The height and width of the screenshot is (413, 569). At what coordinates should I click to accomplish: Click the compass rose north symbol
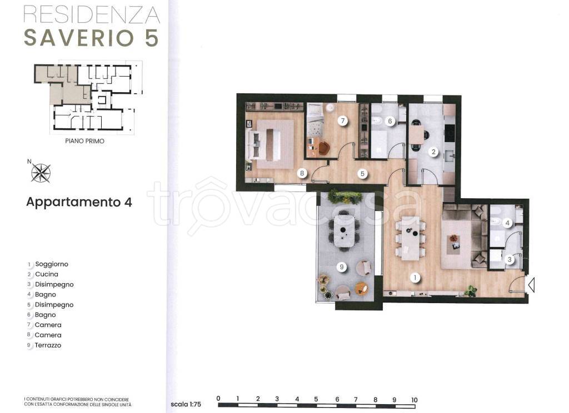click(41, 173)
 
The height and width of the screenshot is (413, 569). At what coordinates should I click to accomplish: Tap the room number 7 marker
click(343, 120)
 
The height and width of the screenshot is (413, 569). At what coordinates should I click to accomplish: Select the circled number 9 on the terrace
click(342, 268)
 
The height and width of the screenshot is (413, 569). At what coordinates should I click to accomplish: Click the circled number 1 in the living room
click(414, 276)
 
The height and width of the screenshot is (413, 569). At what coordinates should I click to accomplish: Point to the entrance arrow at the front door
click(531, 285)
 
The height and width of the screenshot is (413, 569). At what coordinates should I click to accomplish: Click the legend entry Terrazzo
click(48, 345)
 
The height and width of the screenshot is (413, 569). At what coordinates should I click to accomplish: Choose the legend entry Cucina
click(46, 274)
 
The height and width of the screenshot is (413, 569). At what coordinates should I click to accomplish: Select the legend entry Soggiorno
click(51, 264)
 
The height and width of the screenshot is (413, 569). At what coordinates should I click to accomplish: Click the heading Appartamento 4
click(79, 202)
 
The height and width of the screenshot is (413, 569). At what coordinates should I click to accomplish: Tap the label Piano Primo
click(84, 141)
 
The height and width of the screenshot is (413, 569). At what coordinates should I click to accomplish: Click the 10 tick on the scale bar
click(414, 399)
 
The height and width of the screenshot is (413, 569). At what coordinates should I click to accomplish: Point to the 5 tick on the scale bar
click(316, 399)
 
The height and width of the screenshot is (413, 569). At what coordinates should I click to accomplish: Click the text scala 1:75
click(186, 405)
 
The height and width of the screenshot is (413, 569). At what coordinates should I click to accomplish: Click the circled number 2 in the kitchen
click(434, 151)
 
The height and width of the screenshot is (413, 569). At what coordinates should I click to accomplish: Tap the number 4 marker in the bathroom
click(507, 223)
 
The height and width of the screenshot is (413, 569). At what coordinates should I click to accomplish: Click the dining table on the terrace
click(345, 229)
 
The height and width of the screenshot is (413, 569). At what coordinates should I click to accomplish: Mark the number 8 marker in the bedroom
click(302, 173)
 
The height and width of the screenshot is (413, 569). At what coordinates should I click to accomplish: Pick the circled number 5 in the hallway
click(362, 173)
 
